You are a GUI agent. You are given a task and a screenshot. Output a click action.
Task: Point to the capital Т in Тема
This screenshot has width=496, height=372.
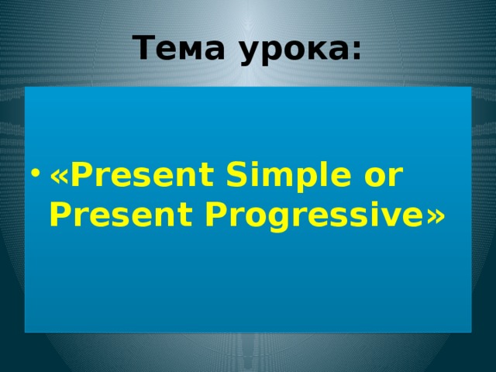point(143,49)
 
